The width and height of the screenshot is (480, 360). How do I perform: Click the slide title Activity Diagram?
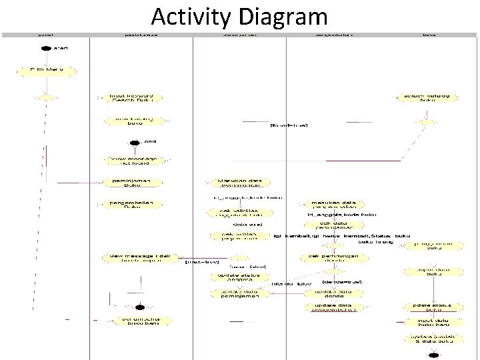point(239,15)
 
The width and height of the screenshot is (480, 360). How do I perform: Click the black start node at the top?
point(45,48)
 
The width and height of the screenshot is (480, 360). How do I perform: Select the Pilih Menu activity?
point(45,69)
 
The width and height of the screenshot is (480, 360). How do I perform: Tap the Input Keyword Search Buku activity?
point(131,98)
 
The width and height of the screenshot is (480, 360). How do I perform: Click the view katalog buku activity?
point(131,121)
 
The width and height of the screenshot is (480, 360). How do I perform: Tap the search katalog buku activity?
point(427,98)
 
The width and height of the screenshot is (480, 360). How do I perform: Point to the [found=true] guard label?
point(288,125)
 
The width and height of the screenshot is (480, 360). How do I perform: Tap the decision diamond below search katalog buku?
point(427,121)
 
